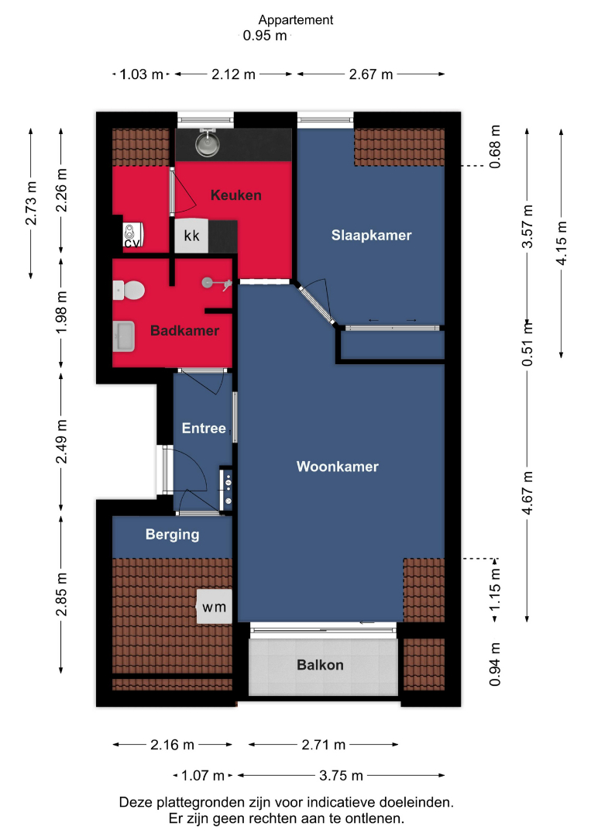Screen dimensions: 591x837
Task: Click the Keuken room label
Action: point(235,195)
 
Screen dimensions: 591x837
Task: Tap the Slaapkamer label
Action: point(371,236)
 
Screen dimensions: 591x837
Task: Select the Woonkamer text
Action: point(338,467)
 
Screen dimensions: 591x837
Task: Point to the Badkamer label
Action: point(184,330)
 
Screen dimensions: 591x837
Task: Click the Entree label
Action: point(204,428)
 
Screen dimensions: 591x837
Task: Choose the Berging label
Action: point(172,535)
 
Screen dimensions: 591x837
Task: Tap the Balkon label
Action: point(320,665)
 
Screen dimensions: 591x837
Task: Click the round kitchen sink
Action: point(207,143)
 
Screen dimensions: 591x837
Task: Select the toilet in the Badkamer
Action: point(129,291)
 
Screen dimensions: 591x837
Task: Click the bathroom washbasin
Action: point(124,336)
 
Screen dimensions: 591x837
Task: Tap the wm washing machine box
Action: point(215,607)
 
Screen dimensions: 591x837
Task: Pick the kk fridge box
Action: point(191,236)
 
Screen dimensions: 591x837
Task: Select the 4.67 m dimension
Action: point(527,493)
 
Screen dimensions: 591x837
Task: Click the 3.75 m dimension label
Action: point(341,775)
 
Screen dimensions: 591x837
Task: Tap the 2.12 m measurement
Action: point(234,74)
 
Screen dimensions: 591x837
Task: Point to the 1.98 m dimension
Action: point(62,312)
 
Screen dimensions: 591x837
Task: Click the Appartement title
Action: point(296,20)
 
